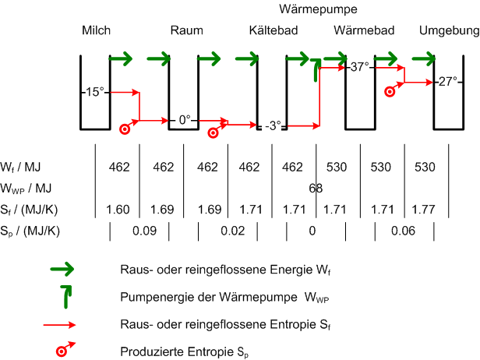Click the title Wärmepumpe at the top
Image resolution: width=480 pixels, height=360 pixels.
click(x=318, y=9)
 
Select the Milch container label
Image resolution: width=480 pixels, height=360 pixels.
click(x=96, y=30)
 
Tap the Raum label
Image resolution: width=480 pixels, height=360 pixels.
click(x=187, y=30)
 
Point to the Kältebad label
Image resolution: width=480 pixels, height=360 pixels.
click(x=274, y=30)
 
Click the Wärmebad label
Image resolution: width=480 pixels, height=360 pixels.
click(x=364, y=30)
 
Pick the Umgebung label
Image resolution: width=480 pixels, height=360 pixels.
click(x=449, y=31)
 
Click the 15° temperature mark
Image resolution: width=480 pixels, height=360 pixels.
click(x=94, y=92)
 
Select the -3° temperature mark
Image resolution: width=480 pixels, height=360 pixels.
click(x=273, y=125)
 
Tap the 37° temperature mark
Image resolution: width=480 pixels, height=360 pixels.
click(x=360, y=67)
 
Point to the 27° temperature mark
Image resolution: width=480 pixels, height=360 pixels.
click(x=448, y=81)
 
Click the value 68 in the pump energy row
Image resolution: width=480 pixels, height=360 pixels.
click(x=316, y=188)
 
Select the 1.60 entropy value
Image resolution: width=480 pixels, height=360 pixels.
click(x=118, y=210)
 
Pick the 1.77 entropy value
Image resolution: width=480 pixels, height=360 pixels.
click(x=423, y=210)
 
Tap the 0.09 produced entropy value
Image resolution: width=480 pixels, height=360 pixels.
click(x=144, y=231)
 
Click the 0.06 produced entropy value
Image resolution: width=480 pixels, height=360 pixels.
click(x=403, y=231)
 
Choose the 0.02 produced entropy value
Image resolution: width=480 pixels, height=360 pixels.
click(x=233, y=231)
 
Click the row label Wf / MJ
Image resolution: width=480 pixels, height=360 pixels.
click(x=20, y=167)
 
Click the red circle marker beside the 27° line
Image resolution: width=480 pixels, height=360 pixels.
click(x=390, y=91)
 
